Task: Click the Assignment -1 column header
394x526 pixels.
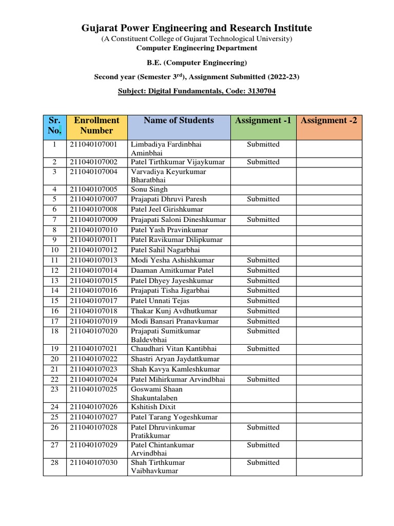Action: (x=263, y=121)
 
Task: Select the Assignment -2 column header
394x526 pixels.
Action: (x=329, y=121)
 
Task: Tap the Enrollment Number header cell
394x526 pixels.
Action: (x=96, y=125)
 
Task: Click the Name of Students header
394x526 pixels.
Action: (x=179, y=121)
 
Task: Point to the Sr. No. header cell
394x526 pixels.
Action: (x=54, y=125)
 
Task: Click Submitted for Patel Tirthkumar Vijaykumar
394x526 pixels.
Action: (x=263, y=162)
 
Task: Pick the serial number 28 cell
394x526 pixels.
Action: (x=54, y=462)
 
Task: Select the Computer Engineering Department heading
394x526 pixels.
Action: (x=196, y=48)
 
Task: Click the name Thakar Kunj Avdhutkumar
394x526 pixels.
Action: (x=174, y=311)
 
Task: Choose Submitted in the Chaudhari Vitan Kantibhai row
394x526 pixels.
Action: (x=263, y=349)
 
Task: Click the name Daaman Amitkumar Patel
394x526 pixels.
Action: (x=172, y=270)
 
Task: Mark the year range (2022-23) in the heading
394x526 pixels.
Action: (x=281, y=77)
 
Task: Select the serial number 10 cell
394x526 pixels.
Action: (x=54, y=250)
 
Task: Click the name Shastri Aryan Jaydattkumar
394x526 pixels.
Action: (x=175, y=359)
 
